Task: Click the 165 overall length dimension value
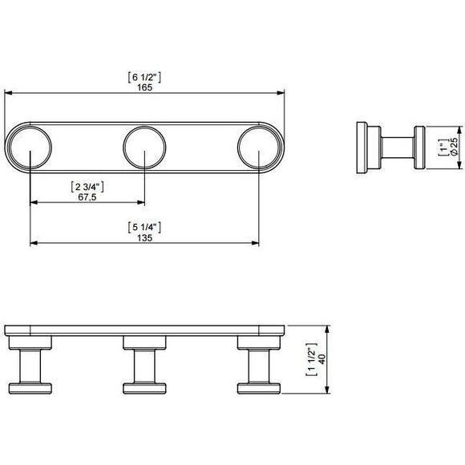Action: click(145, 87)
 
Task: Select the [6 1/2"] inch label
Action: click(144, 78)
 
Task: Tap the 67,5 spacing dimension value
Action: click(87, 197)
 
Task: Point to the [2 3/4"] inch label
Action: click(87, 187)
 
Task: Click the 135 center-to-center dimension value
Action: click(145, 238)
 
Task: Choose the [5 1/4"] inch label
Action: click(144, 228)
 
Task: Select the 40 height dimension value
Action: click(321, 359)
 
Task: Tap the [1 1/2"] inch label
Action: click(312, 359)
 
